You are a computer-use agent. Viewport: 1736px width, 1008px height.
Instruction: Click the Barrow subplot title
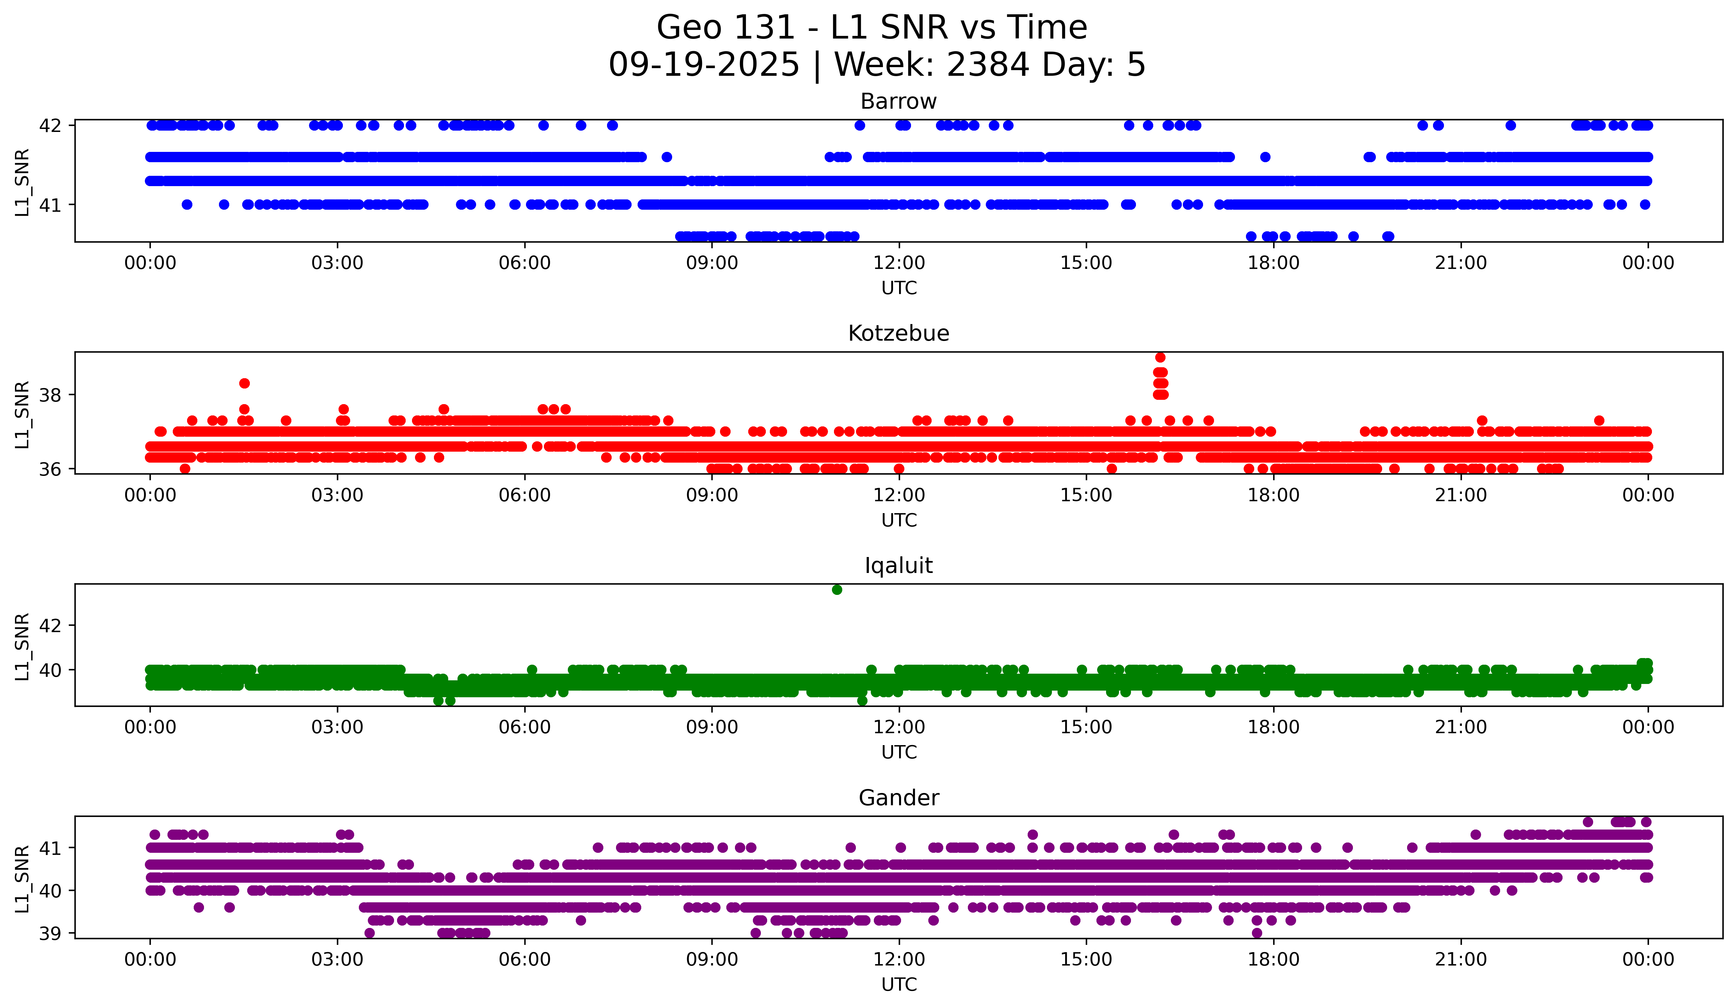pyautogui.click(x=898, y=101)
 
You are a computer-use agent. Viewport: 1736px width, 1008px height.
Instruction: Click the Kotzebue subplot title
pyautogui.click(x=898, y=333)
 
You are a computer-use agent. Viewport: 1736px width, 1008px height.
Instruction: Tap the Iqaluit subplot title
pyautogui.click(x=898, y=566)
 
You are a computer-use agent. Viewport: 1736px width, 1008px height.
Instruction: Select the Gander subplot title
pyautogui.click(x=898, y=798)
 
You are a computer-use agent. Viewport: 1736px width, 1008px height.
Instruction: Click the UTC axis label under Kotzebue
pyautogui.click(x=899, y=520)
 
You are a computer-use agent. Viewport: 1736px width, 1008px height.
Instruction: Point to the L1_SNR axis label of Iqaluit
pyautogui.click(x=22, y=646)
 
